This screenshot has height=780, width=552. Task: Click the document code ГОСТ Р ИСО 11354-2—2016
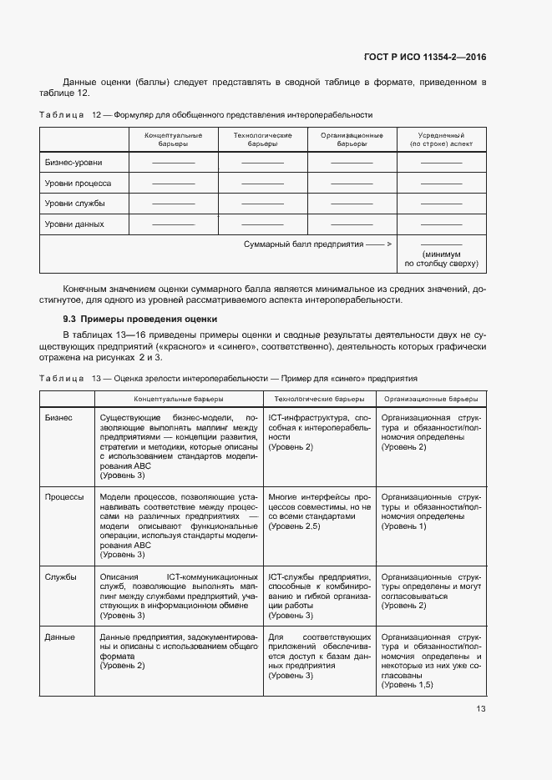pos(425,57)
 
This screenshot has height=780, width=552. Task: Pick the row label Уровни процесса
pos(78,184)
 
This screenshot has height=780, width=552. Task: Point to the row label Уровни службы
pos(74,204)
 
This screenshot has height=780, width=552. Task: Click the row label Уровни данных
pos(74,224)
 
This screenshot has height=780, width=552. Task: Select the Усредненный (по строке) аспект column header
pos(441,139)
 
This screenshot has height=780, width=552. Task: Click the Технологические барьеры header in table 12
pos(262,139)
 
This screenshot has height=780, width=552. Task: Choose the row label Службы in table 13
pos(60,576)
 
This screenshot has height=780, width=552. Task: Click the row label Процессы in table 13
pos(64,497)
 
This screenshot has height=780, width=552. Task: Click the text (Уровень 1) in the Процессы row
pos(404,526)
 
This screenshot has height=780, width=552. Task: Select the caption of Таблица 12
pos(206,114)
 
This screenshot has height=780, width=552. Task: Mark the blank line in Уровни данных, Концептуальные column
pos(173,224)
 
